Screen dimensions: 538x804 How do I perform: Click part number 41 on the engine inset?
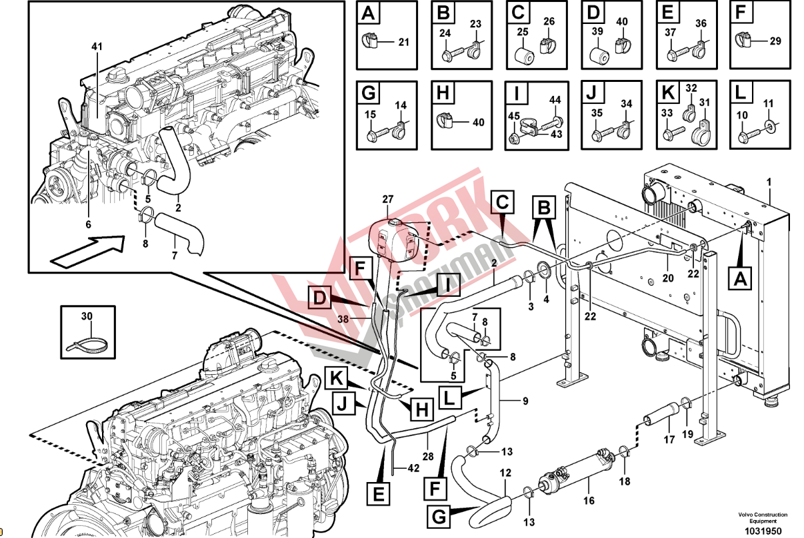coord(97,47)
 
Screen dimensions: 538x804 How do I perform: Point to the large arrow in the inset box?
coord(87,247)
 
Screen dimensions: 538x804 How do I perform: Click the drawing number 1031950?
coord(762,529)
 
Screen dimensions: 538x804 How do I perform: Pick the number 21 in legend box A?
coord(404,43)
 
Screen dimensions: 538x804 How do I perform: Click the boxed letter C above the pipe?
coord(504,200)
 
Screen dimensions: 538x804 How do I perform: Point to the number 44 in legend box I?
coord(555,99)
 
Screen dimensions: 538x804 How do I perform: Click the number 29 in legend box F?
coord(775,41)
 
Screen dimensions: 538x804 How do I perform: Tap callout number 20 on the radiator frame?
coord(668,278)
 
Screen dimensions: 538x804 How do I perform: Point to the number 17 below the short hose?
coord(669,439)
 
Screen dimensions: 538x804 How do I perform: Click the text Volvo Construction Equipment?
coord(762,517)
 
